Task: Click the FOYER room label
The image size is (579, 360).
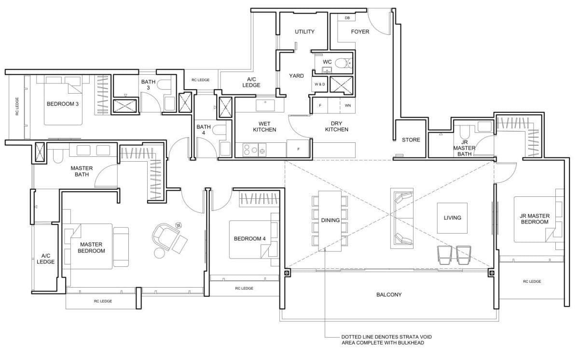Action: point(360,32)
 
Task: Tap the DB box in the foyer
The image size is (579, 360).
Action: point(347,18)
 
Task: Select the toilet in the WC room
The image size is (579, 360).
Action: point(343,62)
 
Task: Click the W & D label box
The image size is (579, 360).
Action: point(319,84)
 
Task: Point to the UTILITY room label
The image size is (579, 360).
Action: point(304,32)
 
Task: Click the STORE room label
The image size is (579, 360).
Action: point(411,140)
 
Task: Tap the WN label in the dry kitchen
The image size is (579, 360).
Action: point(347,105)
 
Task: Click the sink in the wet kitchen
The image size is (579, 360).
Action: point(265,104)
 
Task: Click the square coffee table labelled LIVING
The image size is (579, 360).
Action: point(452,218)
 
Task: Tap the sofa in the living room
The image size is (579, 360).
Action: point(402,218)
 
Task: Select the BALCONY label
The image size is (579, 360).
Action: point(389,294)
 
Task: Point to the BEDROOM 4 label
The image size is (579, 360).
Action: point(249,239)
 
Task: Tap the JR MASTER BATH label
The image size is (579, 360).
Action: point(464,148)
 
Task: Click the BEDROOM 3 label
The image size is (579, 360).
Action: point(63,104)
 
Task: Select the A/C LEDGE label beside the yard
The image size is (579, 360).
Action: point(251,82)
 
